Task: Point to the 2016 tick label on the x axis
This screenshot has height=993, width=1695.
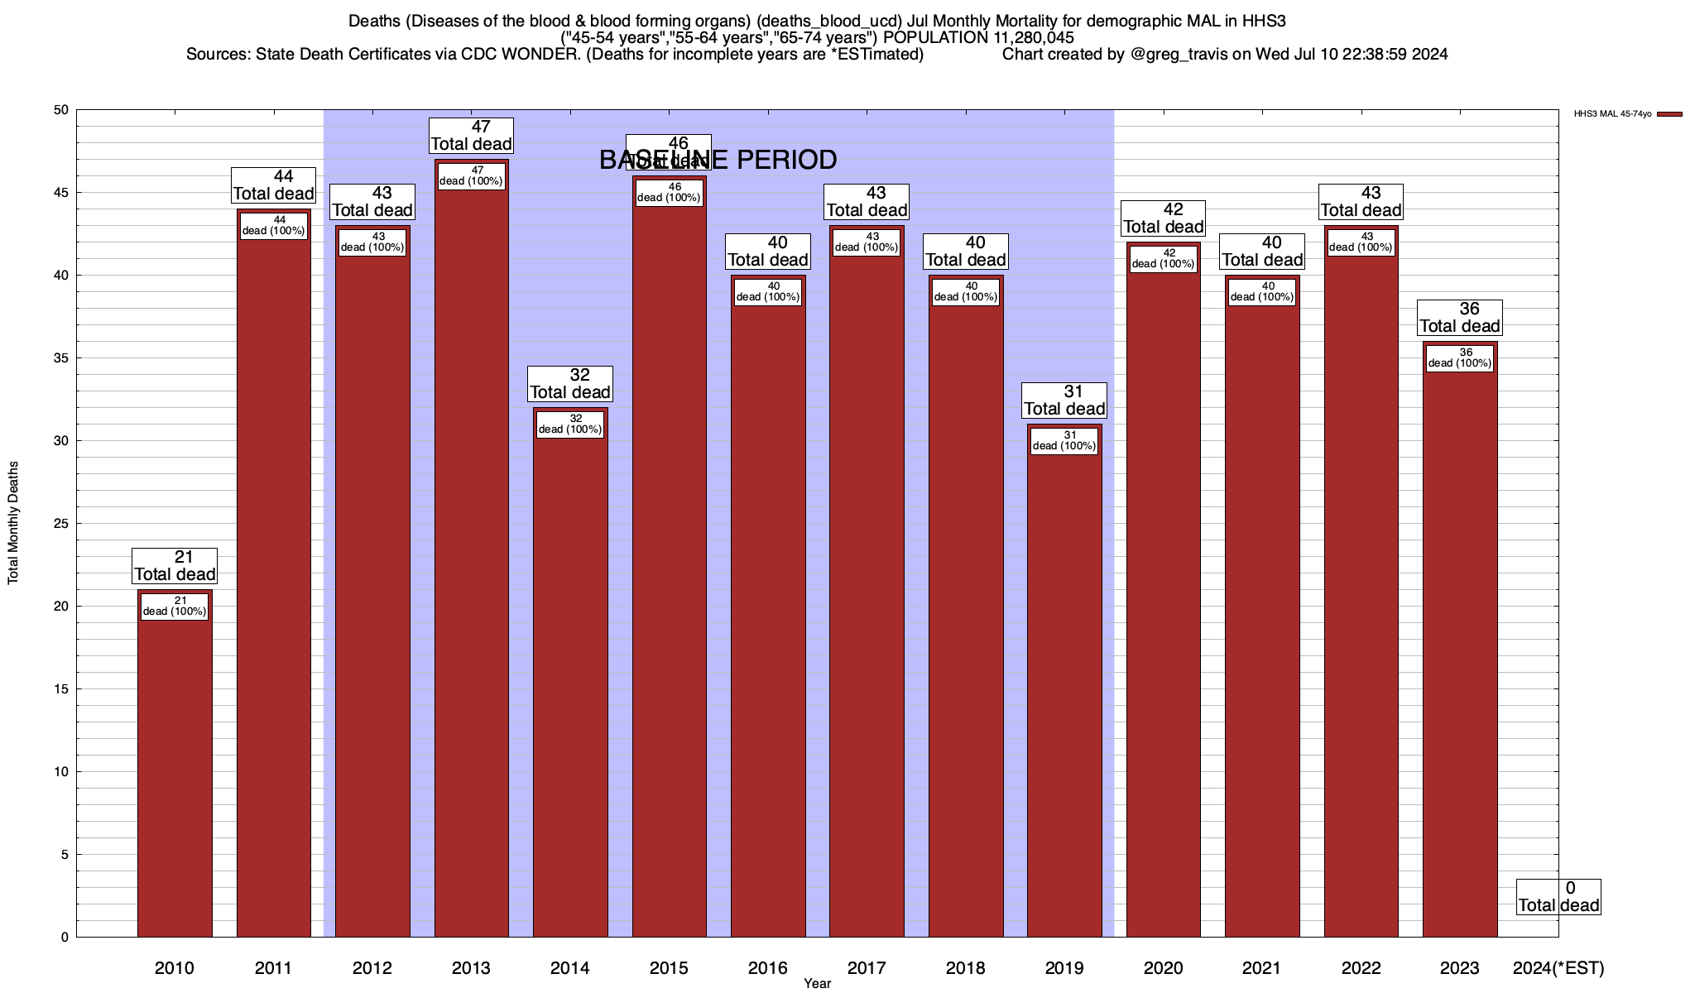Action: click(x=768, y=967)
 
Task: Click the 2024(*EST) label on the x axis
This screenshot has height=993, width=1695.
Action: click(x=1558, y=967)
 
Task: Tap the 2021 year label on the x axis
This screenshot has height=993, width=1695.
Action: click(x=1262, y=967)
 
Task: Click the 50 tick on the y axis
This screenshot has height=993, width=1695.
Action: click(x=62, y=110)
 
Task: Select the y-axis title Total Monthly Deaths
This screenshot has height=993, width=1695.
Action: click(x=13, y=523)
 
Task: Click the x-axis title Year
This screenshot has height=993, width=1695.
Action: click(x=817, y=983)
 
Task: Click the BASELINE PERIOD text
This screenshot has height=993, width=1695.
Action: click(x=718, y=160)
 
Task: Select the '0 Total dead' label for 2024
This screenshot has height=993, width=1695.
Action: click(x=1558, y=897)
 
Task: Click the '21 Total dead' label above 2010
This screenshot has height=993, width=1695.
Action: click(x=175, y=566)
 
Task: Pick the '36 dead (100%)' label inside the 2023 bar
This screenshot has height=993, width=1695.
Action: click(x=1460, y=358)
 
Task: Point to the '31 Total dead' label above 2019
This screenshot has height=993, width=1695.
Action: click(x=1064, y=401)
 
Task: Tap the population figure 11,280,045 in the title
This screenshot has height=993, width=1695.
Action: click(x=1028, y=38)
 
